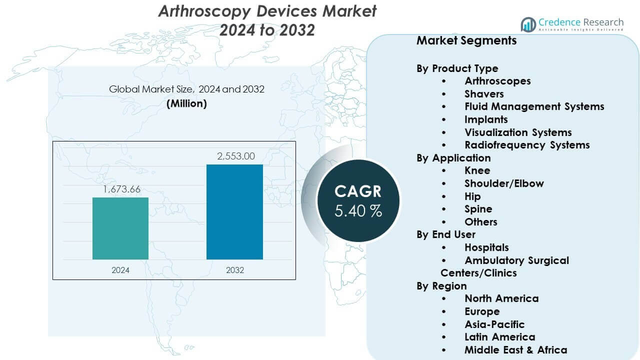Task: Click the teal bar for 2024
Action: tap(120, 228)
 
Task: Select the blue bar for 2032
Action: tap(234, 212)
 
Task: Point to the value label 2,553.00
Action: tap(235, 156)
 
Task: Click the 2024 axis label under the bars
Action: tap(120, 270)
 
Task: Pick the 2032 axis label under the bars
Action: tap(235, 270)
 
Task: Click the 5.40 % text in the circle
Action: tap(358, 210)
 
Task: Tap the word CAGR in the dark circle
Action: tap(358, 191)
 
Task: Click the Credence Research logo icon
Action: tap(528, 24)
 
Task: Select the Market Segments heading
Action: tap(466, 40)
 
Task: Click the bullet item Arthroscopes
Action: tap(497, 81)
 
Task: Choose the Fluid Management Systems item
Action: tap(534, 106)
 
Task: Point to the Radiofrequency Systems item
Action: tap(527, 145)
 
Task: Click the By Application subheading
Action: tap(453, 158)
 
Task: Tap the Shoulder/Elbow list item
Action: tap(503, 183)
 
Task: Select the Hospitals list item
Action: tap(486, 247)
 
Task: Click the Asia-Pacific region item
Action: tap(494, 324)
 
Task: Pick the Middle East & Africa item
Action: tap(515, 350)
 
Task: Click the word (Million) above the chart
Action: tap(186, 103)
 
